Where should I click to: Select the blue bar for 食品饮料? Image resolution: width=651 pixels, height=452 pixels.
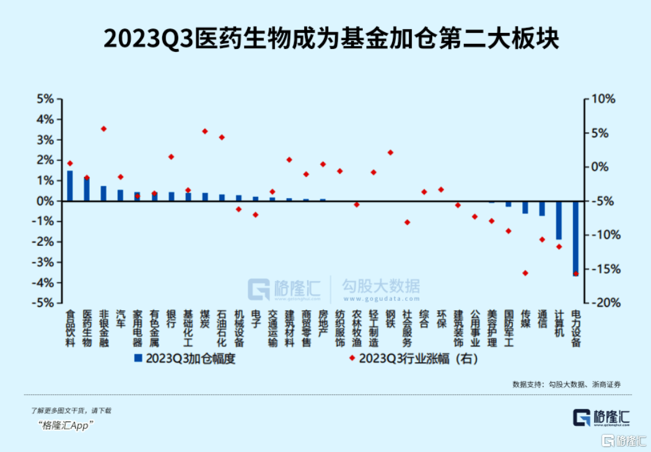pyautogui.click(x=70, y=186)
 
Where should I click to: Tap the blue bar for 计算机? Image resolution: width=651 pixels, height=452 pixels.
pyautogui.click(x=559, y=220)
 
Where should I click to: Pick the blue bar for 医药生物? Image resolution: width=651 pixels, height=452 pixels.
pyautogui.click(x=87, y=189)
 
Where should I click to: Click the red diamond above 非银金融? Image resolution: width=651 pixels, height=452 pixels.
pyautogui.click(x=103, y=129)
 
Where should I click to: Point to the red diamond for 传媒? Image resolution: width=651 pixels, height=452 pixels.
pyautogui.click(x=525, y=273)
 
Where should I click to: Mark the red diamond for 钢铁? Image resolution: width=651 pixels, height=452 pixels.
pyautogui.click(x=390, y=152)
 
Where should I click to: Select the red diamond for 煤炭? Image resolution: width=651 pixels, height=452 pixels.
pyautogui.click(x=205, y=131)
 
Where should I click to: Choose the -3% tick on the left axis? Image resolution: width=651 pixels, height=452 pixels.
pyautogui.click(x=45, y=262)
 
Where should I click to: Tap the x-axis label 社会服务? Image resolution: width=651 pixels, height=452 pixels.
pyautogui.click(x=407, y=328)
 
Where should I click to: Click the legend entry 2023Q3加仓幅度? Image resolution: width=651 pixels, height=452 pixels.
pyautogui.click(x=186, y=358)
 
